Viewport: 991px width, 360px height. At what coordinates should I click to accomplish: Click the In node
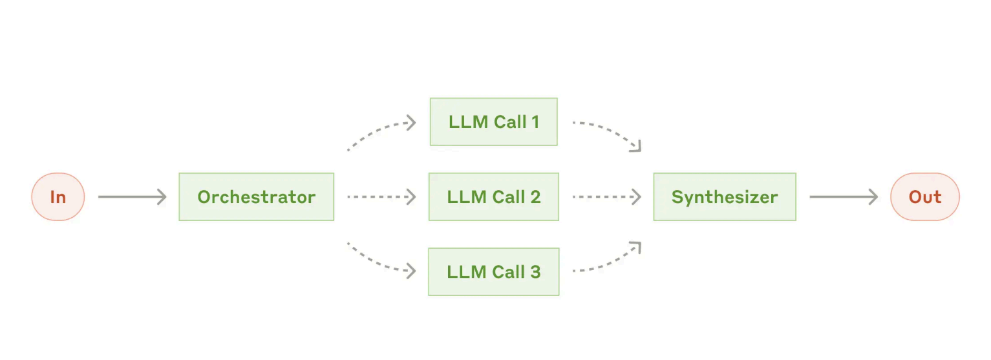[x=58, y=197]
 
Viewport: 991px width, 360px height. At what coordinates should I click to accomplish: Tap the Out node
[x=925, y=197]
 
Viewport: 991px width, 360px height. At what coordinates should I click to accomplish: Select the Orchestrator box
[x=257, y=197]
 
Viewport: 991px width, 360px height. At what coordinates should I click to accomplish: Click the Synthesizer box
[x=725, y=197]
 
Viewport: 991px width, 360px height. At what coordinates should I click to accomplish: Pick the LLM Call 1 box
[x=494, y=122]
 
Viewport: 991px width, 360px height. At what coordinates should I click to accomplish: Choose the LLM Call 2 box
[x=494, y=197]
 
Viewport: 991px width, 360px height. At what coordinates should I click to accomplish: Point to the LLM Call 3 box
[x=494, y=271]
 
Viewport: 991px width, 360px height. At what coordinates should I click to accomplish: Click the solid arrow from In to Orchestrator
[x=133, y=197]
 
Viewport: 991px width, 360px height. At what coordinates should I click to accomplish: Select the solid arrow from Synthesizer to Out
[x=844, y=197]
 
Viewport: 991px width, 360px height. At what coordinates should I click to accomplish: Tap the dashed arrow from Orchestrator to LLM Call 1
[x=379, y=129]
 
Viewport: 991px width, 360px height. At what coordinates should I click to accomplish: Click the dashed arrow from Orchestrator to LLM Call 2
[x=382, y=197]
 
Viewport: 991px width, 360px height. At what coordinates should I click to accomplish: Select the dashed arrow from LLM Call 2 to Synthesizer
[x=607, y=197]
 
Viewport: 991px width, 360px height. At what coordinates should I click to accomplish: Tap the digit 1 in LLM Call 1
[x=535, y=122]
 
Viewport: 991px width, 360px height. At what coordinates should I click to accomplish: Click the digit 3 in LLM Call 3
[x=535, y=272]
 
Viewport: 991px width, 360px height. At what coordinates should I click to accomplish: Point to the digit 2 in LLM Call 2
[x=535, y=197]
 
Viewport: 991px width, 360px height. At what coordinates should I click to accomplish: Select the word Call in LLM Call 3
[x=508, y=272]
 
